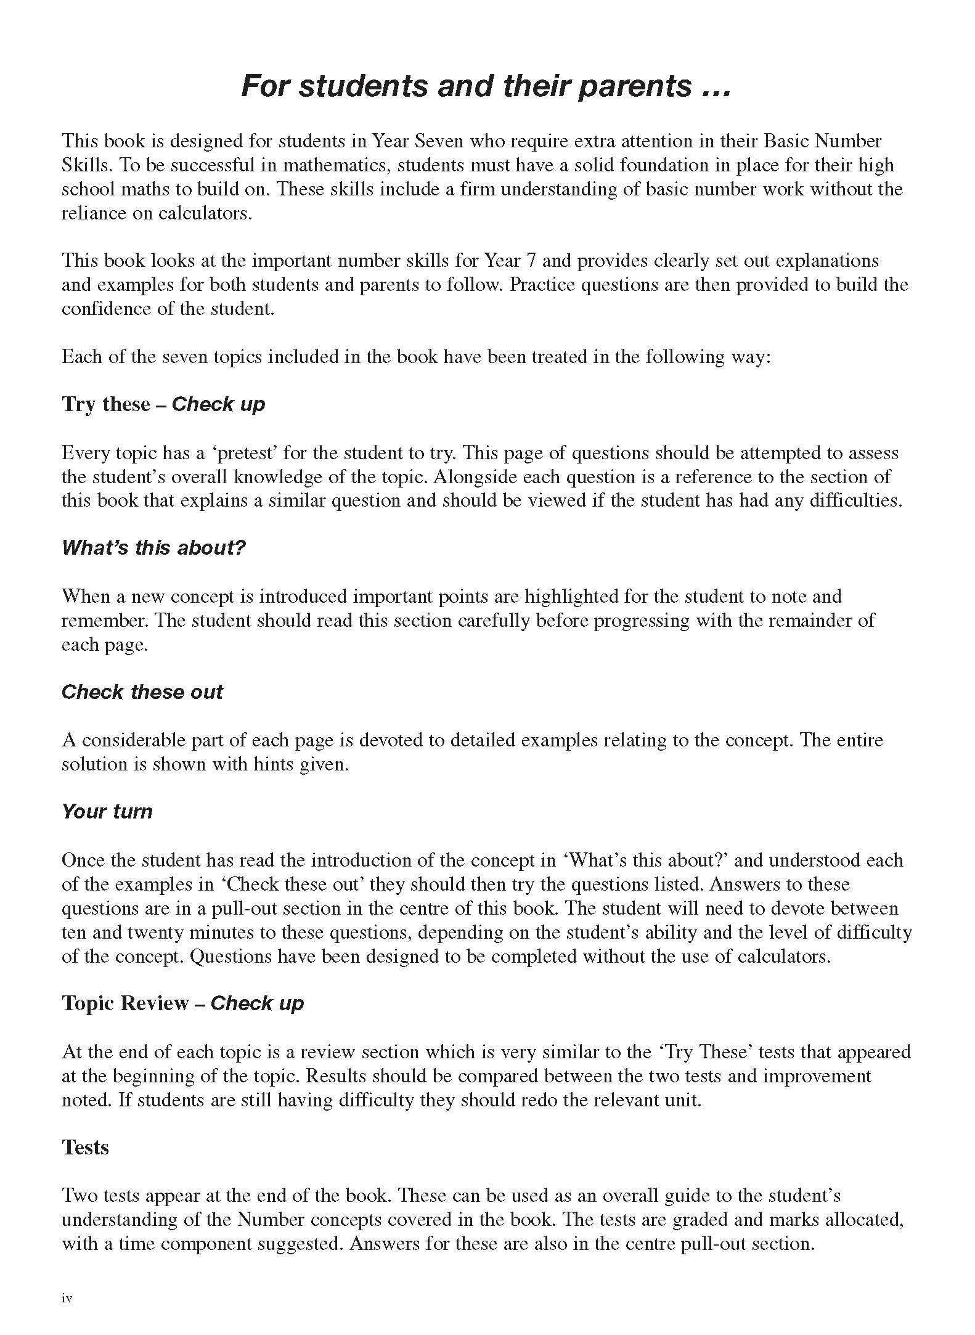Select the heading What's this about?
click(x=153, y=547)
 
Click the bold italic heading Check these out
click(x=142, y=692)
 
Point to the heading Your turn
click(x=107, y=811)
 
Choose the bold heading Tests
click(x=85, y=1147)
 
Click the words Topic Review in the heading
click(x=124, y=1003)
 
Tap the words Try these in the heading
click(x=105, y=404)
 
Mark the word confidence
click(x=106, y=309)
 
